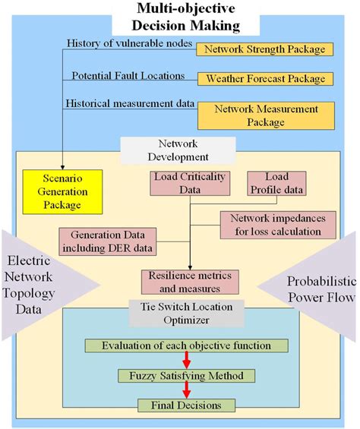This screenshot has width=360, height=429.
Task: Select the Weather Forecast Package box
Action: coord(265,79)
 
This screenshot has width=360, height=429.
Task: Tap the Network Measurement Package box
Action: coord(265,115)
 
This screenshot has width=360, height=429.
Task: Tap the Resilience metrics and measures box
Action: coord(185,282)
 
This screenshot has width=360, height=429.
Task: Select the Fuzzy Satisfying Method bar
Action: coord(186,375)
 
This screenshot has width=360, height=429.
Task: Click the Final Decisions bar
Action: coord(186,405)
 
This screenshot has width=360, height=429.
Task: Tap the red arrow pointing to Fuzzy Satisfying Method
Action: coord(186,360)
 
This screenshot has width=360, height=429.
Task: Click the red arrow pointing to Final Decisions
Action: coord(186,390)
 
